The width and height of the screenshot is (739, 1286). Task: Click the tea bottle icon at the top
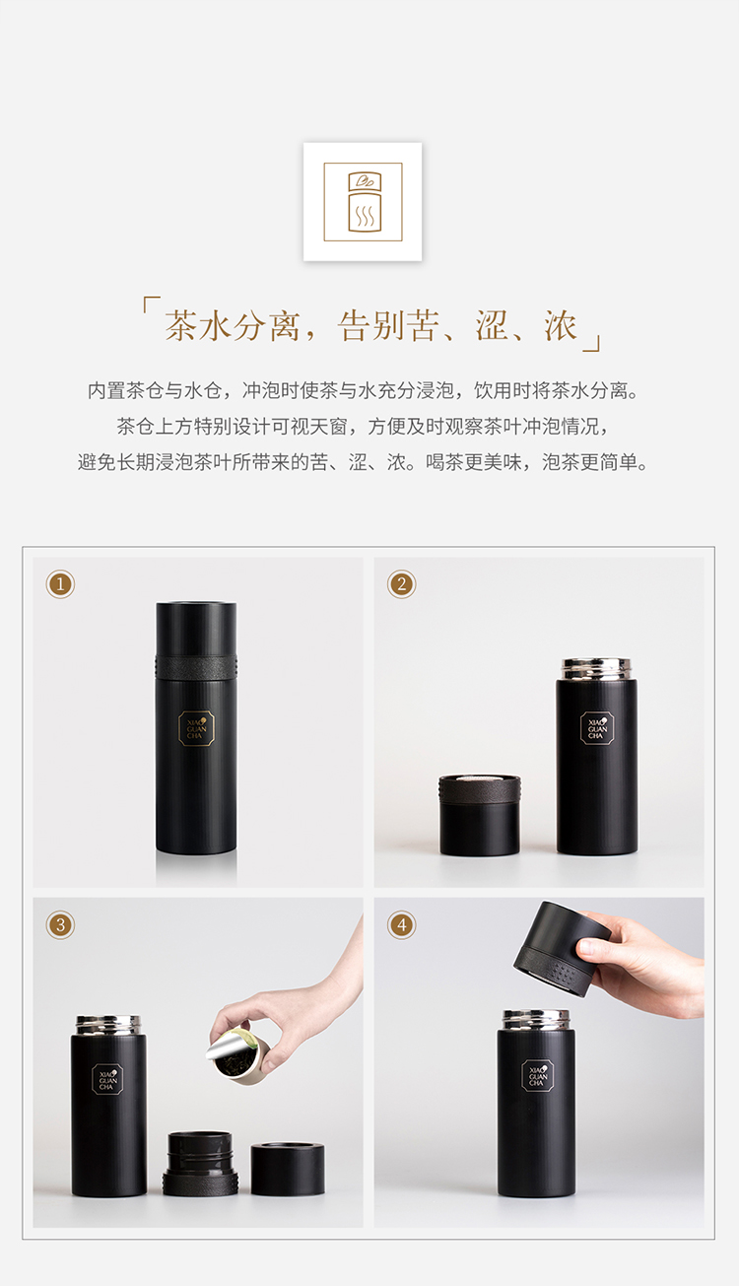tap(364, 201)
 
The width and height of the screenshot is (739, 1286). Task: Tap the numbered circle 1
tap(60, 584)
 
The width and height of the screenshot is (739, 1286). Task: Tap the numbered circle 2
tap(401, 584)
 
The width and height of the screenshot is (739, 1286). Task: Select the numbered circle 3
tap(60, 925)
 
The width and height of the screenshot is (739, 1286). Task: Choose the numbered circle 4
tap(401, 925)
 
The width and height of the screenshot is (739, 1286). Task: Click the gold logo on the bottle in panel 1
tap(196, 728)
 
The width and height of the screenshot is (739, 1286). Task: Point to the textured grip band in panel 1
tap(196, 666)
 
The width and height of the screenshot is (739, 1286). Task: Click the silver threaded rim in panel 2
tap(596, 669)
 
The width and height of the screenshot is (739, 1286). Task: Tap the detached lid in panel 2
tap(480, 815)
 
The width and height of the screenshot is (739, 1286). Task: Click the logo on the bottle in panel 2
tap(596, 728)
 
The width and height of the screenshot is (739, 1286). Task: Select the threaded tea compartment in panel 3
tap(200, 1164)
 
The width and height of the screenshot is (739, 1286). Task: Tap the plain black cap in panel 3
tap(288, 1169)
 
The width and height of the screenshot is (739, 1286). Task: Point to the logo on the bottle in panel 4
tap(537, 1076)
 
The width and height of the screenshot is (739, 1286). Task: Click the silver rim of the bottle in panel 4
tap(536, 1020)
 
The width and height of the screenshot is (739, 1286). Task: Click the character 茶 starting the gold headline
tap(181, 325)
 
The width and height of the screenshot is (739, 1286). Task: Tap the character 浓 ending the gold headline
tap(560, 325)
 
